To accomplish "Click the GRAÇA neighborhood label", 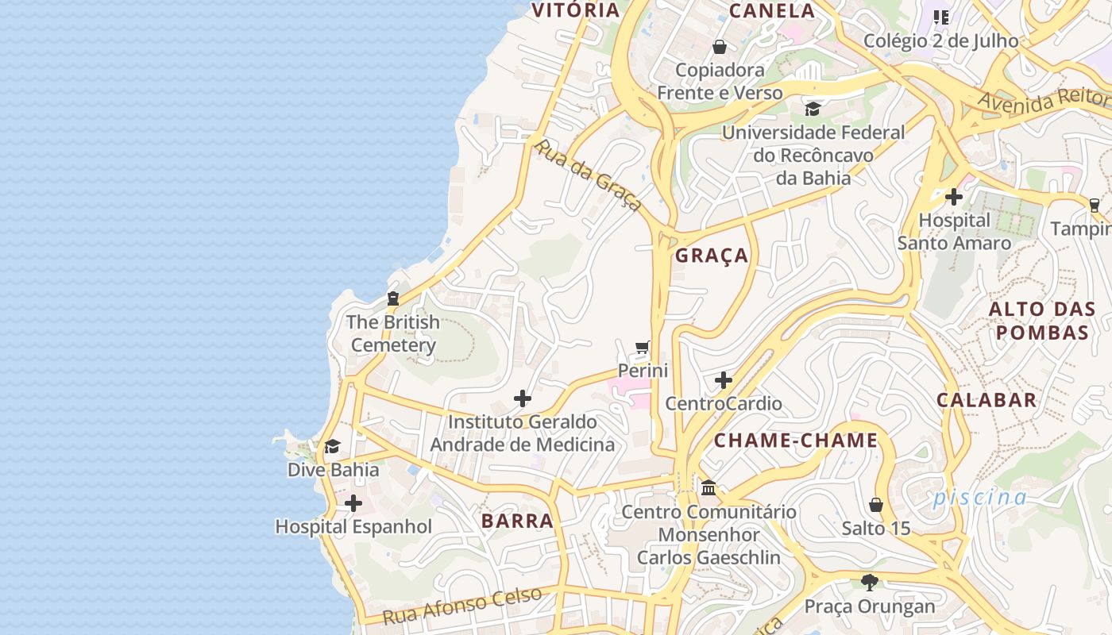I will (712, 256).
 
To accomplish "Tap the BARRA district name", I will (517, 521).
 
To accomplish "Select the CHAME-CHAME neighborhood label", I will (796, 441).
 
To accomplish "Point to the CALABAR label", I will (987, 400).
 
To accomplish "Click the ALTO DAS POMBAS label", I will (1042, 321).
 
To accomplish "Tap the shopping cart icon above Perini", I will (643, 348).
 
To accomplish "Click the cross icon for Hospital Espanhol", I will (353, 503).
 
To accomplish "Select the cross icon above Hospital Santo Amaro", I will (954, 196).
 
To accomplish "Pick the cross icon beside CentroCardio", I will (723, 380).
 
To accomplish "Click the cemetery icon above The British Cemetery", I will (392, 299).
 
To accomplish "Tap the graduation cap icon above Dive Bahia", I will (333, 447).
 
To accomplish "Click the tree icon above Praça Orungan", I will (870, 583).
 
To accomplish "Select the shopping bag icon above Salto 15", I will (876, 505).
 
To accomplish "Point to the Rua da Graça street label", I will (588, 176).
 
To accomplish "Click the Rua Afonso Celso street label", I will (462, 606).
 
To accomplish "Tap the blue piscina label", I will (980, 498).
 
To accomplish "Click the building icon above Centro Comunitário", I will (709, 488).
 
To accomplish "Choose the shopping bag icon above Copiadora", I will (720, 47).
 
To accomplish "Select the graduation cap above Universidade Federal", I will (813, 109).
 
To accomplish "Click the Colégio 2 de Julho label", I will (940, 40).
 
